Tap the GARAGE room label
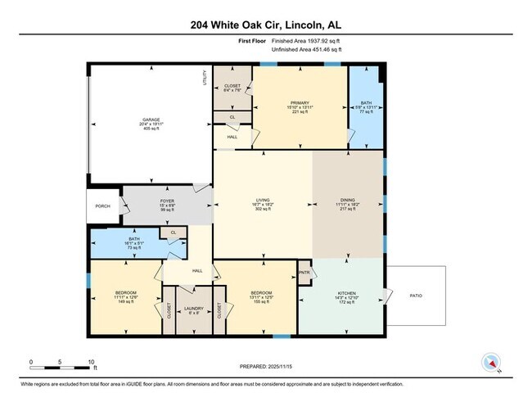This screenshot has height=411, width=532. click(149, 120)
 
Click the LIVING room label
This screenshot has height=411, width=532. click(263, 200)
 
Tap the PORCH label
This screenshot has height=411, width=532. click(102, 205)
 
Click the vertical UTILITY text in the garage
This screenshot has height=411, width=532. click(205, 79)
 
